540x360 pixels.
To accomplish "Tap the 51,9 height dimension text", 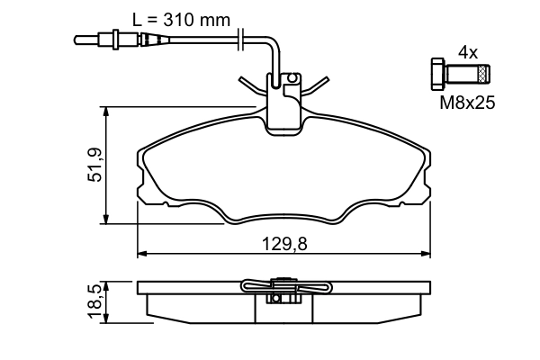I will point(94,166).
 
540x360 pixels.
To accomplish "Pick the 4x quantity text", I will point(467,53).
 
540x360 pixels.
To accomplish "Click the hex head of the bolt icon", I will point(437,74).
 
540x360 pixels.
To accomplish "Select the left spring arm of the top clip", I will point(251,86).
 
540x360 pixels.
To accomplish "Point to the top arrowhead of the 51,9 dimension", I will point(107,112).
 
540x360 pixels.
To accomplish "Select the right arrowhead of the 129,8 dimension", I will point(424,253).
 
